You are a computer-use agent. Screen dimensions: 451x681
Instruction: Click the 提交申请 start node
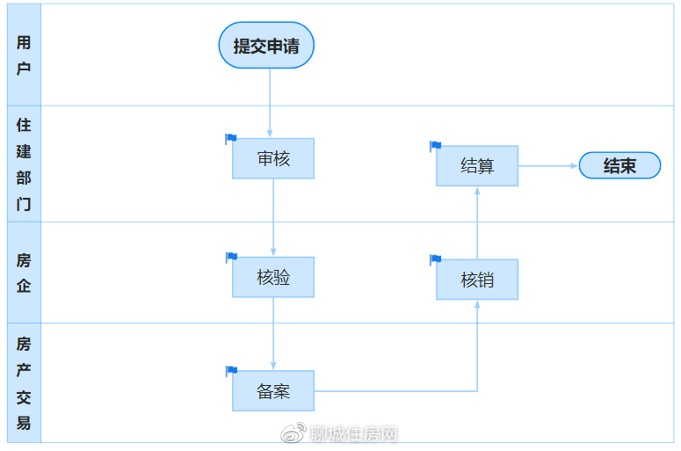(266, 46)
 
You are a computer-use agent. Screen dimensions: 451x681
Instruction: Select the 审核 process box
(273, 159)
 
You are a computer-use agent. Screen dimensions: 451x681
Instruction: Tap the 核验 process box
(273, 278)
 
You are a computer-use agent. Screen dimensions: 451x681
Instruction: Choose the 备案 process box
(273, 391)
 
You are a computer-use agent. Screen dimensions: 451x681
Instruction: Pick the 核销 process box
(477, 280)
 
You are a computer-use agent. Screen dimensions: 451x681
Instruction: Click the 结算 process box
(477, 166)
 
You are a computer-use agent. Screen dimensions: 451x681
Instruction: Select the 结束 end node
(619, 165)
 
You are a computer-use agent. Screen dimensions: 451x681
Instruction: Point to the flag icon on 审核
(231, 138)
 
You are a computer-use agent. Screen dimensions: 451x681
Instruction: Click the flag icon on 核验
(231, 257)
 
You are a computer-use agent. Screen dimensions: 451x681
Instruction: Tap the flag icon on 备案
(231, 371)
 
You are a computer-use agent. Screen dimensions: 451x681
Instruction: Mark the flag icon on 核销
(435, 259)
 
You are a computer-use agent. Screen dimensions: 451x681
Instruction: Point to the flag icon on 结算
(435, 145)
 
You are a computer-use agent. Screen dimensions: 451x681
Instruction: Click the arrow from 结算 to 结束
(548, 165)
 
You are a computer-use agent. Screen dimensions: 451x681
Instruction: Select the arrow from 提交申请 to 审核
(270, 103)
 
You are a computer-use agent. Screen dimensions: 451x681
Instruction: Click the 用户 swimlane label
(24, 55)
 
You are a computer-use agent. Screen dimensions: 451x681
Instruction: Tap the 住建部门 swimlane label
(24, 164)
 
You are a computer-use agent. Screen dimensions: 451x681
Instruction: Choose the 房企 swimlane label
(24, 273)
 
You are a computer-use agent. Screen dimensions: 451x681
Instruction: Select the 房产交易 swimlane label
(24, 382)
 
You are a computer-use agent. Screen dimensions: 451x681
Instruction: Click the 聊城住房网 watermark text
(351, 434)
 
